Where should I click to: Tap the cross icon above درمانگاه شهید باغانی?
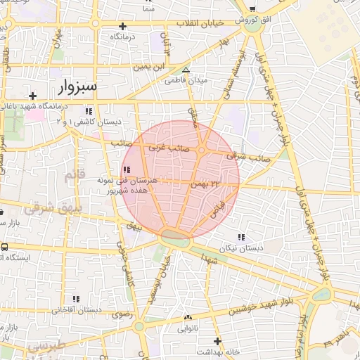tap(32, 96)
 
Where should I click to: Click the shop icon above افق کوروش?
tap(251, 8)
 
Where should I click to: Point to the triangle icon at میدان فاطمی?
tap(186, 70)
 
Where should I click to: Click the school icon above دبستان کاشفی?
tap(89, 111)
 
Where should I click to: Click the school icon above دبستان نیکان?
tap(242, 238)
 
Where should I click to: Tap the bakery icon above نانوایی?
tap(186, 317)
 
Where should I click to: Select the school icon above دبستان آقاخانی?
tap(76, 299)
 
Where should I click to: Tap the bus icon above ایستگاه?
tap(5, 247)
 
